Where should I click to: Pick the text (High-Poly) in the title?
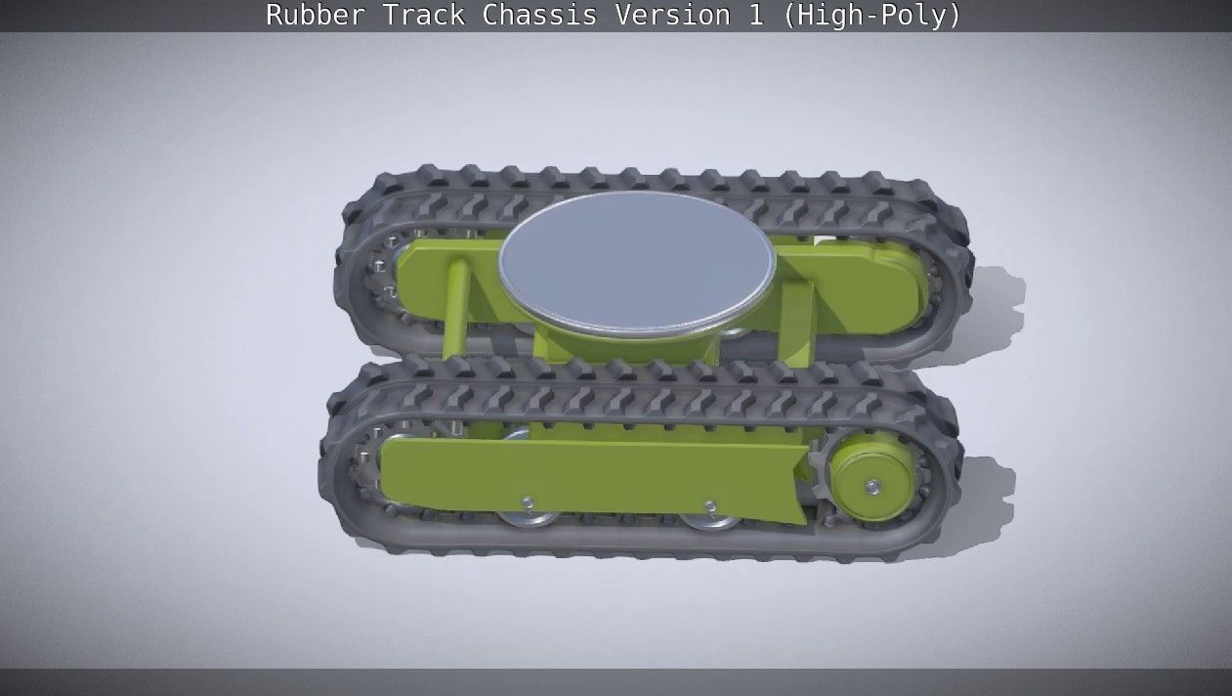coord(871,16)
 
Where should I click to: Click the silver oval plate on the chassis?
coord(636,261)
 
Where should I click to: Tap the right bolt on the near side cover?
coord(711,506)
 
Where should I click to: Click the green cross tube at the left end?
coord(455,305)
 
